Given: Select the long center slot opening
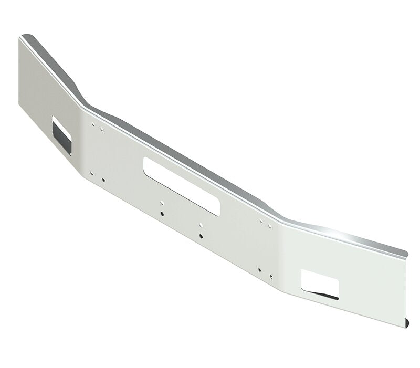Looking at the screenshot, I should (x=182, y=186).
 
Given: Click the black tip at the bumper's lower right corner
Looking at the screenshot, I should (x=409, y=322).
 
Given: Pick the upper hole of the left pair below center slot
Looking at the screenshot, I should (x=162, y=203).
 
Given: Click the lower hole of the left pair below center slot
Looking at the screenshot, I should (x=163, y=214).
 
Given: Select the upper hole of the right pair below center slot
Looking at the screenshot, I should (x=202, y=225).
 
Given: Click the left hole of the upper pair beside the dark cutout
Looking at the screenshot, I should (x=93, y=125).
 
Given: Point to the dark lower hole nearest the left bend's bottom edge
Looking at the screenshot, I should (x=103, y=180).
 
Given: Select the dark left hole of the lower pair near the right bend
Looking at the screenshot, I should (x=259, y=270).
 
